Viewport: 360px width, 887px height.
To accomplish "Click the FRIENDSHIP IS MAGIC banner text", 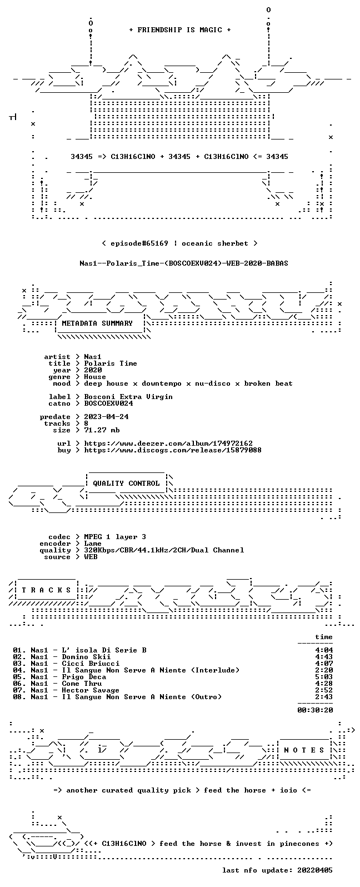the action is pos(180,29).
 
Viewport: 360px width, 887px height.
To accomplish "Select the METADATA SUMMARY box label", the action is pos(97,323).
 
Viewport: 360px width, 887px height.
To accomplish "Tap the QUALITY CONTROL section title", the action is pos(126,483).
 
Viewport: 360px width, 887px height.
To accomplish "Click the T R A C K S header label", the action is pos(46,590).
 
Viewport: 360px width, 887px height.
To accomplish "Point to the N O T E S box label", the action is pos(304,750).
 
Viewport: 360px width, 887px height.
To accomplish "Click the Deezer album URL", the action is pos(168,443).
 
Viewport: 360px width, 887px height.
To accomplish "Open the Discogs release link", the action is pos(173,450).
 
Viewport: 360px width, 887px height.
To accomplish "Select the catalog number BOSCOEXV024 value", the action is pos(108,403).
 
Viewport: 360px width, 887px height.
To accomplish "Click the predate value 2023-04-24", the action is pos(106,417).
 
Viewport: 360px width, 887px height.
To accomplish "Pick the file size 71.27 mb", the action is pos(102,430).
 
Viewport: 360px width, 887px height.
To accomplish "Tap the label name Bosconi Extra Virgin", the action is pos(128,396).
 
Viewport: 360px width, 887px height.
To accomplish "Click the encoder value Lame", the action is pos(93,544).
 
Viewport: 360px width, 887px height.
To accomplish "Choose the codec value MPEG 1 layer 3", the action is pos(115,536).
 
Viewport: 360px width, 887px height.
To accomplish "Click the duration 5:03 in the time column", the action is pos(324,677).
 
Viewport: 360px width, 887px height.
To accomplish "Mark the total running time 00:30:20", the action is pos(315,710).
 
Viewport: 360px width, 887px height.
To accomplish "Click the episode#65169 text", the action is pos(139,243).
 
